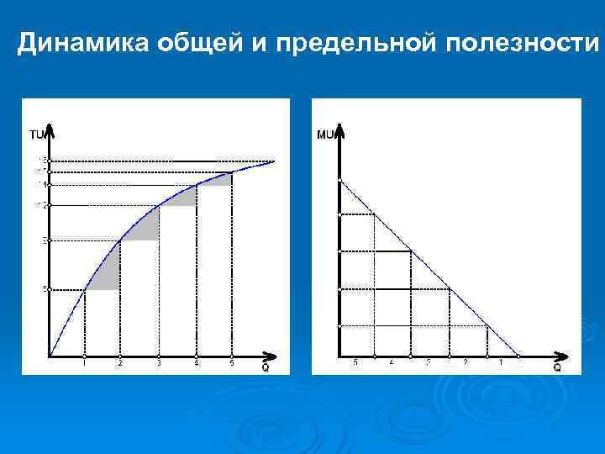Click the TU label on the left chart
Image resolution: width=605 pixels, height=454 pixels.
tap(36, 134)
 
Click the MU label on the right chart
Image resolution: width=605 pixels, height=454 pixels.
tap(326, 134)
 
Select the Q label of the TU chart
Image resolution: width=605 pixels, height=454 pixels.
tap(266, 367)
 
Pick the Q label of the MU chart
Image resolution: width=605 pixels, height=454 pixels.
tap(556, 367)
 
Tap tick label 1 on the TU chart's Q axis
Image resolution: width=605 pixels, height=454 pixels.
tap(84, 363)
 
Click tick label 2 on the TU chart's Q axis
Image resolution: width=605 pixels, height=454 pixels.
tap(120, 363)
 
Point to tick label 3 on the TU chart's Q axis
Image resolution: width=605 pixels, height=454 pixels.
tap(158, 363)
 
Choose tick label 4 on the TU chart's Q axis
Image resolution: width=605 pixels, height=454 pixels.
tap(196, 363)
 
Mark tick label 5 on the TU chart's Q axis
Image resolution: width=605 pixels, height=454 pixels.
tap(232, 363)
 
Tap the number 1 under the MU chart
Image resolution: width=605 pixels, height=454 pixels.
tap(501, 363)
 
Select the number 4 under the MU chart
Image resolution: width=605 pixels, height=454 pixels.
tap(392, 363)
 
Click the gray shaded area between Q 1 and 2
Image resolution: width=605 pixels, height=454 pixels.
tap(108, 274)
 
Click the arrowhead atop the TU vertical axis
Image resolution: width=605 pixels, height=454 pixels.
tap(50, 130)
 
